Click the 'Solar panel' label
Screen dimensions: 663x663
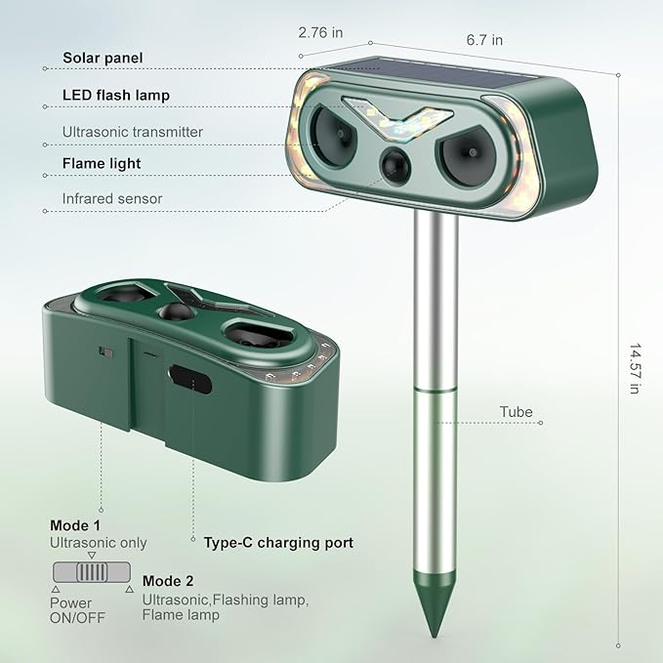pos(103,59)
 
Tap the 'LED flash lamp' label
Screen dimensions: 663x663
pos(115,95)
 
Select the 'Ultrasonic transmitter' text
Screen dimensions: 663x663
pos(133,131)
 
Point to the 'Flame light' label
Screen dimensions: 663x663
pos(102,164)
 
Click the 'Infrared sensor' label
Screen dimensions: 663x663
pos(112,198)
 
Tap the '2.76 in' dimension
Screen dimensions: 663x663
pos(320,32)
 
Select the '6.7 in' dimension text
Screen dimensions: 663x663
pos(484,40)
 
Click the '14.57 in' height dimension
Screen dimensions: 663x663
pos(635,370)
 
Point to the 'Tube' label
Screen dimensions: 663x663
pos(516,412)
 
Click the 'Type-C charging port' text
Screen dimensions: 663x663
pos(278,543)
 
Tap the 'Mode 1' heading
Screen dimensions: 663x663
pos(75,525)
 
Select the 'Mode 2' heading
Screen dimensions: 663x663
pos(167,581)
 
